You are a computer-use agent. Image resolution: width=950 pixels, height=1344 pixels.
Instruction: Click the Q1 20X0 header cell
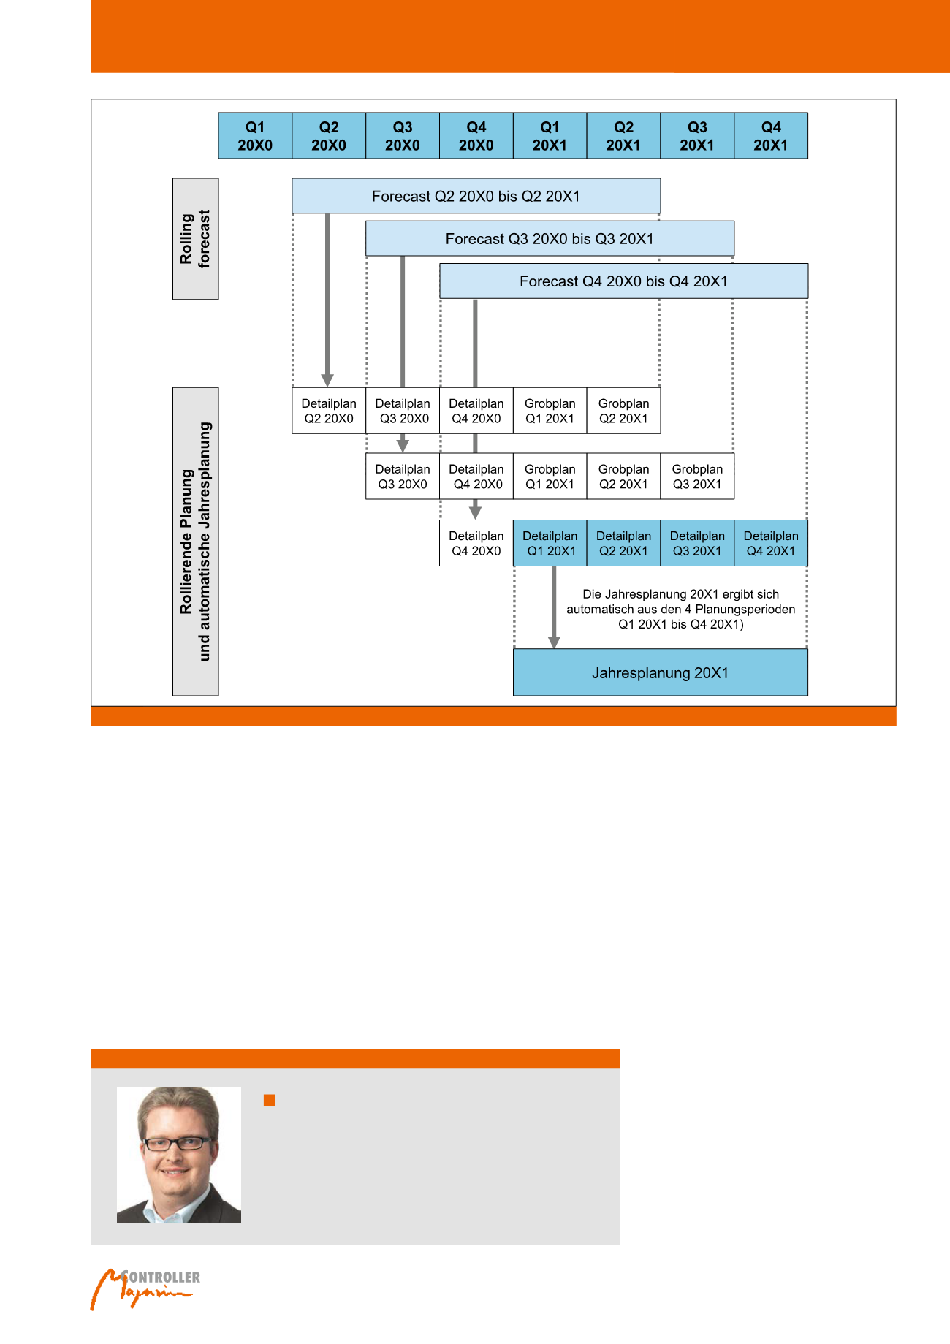click(255, 136)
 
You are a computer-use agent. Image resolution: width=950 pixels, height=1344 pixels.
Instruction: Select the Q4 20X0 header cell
click(476, 136)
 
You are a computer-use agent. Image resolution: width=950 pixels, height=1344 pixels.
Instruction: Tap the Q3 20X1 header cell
click(697, 136)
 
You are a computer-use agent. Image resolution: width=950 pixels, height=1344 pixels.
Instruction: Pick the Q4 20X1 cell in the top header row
click(771, 136)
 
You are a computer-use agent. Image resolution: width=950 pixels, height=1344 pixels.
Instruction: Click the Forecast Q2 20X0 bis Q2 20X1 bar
click(476, 196)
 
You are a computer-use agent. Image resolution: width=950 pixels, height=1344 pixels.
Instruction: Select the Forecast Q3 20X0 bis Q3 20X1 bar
click(550, 238)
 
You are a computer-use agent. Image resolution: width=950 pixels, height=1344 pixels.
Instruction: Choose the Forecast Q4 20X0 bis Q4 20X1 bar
click(623, 281)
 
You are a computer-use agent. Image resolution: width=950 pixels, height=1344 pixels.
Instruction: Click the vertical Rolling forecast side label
click(195, 239)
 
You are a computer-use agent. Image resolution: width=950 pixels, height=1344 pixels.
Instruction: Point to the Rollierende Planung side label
click(195, 541)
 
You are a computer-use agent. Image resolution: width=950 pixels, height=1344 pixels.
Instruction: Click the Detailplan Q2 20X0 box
click(329, 411)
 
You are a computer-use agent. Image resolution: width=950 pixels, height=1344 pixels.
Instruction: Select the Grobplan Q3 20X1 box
click(697, 477)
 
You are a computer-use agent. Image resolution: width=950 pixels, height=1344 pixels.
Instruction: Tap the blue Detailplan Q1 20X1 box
click(550, 543)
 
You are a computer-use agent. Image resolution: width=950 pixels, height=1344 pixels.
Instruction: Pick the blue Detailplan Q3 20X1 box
click(697, 543)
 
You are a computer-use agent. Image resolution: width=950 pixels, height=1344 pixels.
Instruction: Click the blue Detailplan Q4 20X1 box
click(771, 543)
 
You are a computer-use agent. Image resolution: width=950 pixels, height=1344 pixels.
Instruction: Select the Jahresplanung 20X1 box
click(660, 672)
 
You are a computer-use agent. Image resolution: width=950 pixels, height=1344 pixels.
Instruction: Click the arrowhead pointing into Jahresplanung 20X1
click(554, 642)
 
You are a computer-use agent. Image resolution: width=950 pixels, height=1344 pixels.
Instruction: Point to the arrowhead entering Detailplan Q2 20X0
click(327, 380)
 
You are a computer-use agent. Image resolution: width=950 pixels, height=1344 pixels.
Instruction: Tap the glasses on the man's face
click(175, 1144)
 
